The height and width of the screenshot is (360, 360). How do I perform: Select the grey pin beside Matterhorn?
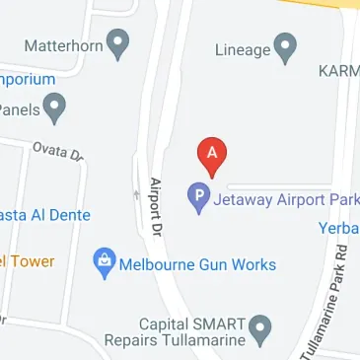(x=118, y=43)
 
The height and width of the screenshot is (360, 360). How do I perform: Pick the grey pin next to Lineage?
(x=286, y=45)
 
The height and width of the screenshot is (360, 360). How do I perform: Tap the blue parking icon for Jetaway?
(x=198, y=199)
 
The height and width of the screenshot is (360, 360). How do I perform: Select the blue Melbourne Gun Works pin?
(x=102, y=262)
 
